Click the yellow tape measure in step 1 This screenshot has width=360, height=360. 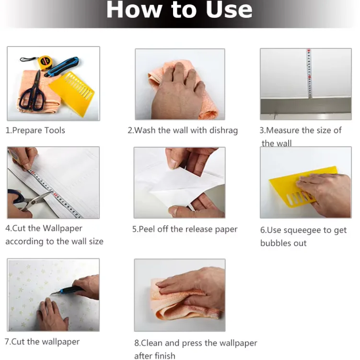(44, 62)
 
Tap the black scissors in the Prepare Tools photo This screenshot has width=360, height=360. (32, 92)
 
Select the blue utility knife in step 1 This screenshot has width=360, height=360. (62, 66)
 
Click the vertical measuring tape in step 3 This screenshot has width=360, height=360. (309, 73)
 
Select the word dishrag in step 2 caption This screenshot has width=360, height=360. (223, 130)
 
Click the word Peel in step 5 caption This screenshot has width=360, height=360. (147, 229)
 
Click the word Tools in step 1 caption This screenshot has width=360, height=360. (55, 130)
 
